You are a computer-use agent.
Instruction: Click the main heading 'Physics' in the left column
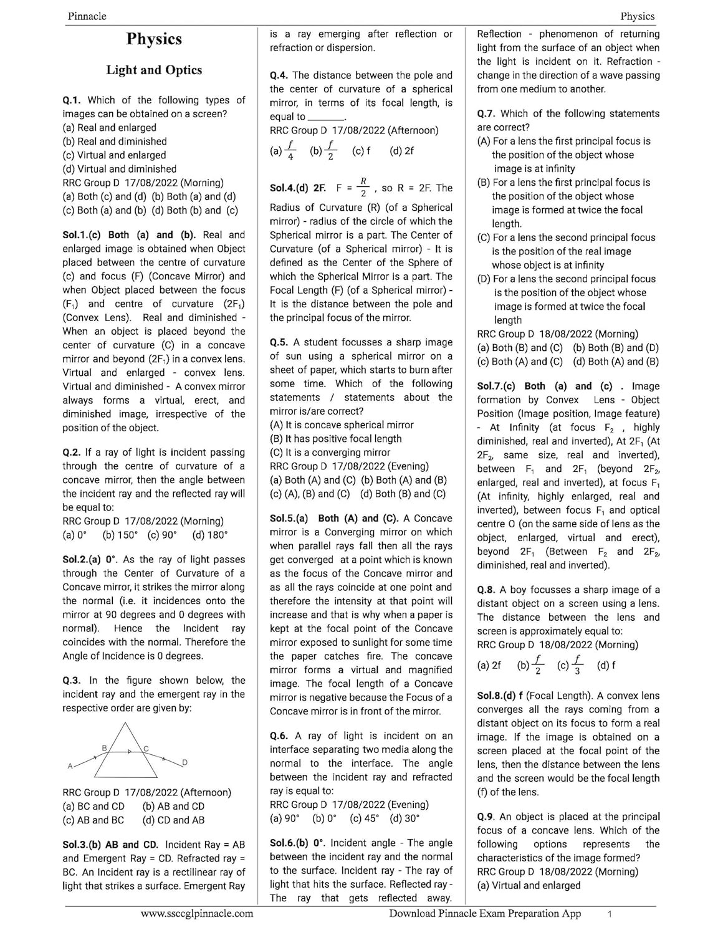(154, 39)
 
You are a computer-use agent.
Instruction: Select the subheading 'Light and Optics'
(154, 70)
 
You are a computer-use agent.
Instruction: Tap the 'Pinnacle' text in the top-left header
(87, 16)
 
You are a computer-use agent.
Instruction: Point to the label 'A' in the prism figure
(70, 765)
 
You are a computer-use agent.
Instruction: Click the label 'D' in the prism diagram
(184, 762)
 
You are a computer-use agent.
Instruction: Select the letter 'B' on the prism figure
(105, 747)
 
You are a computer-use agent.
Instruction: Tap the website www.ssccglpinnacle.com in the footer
(197, 914)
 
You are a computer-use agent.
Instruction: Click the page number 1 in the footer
(610, 914)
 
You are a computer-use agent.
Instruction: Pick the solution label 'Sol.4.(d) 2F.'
(298, 188)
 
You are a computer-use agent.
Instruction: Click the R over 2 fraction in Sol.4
(363, 187)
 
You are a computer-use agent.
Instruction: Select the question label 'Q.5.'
(280, 342)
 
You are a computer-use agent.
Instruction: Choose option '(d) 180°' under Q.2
(210, 535)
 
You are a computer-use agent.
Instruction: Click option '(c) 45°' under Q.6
(365, 818)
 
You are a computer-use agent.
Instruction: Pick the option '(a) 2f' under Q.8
(489, 665)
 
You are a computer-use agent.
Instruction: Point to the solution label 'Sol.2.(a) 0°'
(90, 560)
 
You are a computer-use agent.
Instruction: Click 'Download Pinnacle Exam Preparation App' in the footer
(485, 914)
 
